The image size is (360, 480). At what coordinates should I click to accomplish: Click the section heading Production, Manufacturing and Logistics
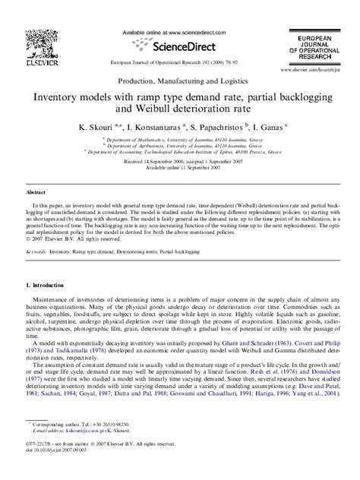coord(180,80)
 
